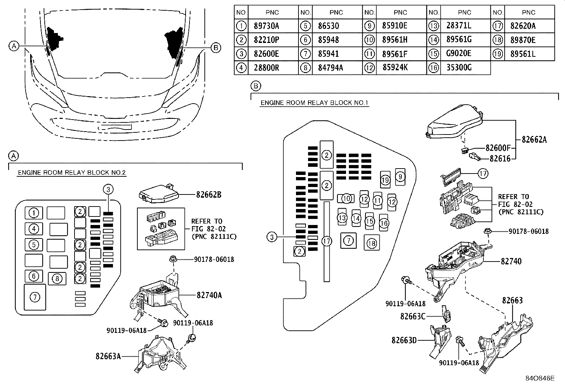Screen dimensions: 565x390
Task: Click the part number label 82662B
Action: pyautogui.click(x=209, y=195)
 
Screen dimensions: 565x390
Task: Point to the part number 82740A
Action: pyautogui.click(x=209, y=295)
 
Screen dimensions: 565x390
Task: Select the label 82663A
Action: pyautogui.click(x=108, y=356)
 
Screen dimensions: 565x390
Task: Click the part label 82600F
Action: pyautogui.click(x=498, y=148)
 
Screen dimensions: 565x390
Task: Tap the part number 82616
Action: pyautogui.click(x=500, y=159)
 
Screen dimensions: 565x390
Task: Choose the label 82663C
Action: pyautogui.click(x=413, y=316)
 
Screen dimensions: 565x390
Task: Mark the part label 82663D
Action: pyautogui.click(x=404, y=340)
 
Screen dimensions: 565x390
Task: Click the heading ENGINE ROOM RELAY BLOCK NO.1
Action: pyautogui.click(x=314, y=103)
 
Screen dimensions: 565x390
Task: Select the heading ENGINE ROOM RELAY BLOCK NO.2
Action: pyautogui.click(x=72, y=172)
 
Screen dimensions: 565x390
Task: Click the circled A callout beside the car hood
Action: pyautogui.click(x=14, y=46)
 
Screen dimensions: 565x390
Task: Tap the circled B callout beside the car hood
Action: pyautogui.click(x=216, y=48)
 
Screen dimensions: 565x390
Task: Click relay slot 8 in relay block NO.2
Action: pyautogui.click(x=57, y=279)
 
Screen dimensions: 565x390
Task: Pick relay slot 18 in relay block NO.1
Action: pyautogui.click(x=372, y=243)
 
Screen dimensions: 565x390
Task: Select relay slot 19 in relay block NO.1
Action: pyautogui.click(x=385, y=180)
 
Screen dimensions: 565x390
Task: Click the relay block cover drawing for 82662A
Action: pyautogui.click(x=454, y=122)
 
